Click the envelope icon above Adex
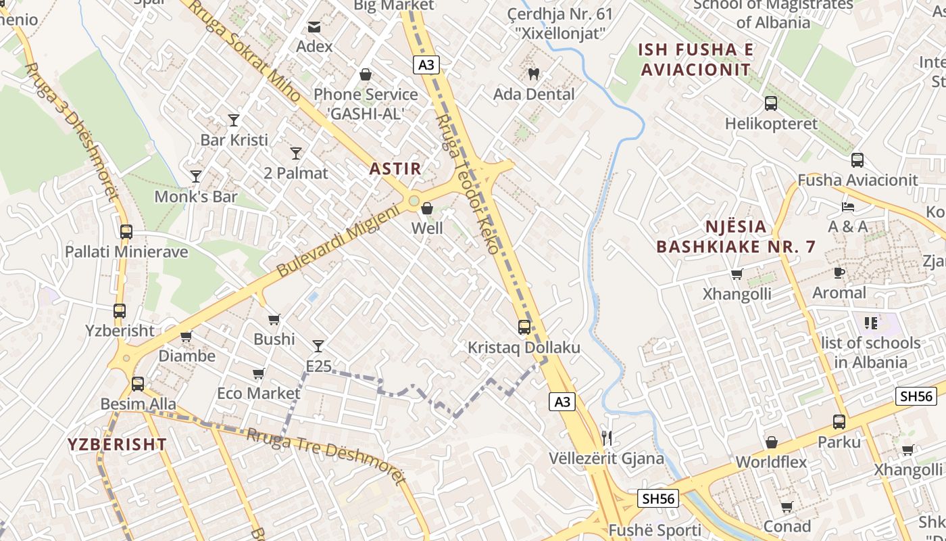tap(314, 27)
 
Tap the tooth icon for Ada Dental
tap(533, 74)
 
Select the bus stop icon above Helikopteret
tap(771, 103)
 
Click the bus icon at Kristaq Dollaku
tap(524, 327)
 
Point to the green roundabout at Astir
tap(414, 201)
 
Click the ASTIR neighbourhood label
tap(395, 169)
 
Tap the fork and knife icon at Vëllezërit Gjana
tap(606, 438)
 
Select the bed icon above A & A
tap(848, 206)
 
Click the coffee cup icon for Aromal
tap(839, 273)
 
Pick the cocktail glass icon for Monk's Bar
tap(196, 177)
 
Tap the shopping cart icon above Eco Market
tap(258, 373)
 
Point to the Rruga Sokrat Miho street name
tap(245, 51)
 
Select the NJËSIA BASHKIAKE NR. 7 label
tap(736, 237)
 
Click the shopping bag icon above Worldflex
tap(771, 442)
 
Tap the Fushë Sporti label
tap(645, 530)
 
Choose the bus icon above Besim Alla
tap(138, 384)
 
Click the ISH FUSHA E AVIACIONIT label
tap(696, 60)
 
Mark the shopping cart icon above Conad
tap(787, 507)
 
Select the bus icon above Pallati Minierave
tap(126, 231)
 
